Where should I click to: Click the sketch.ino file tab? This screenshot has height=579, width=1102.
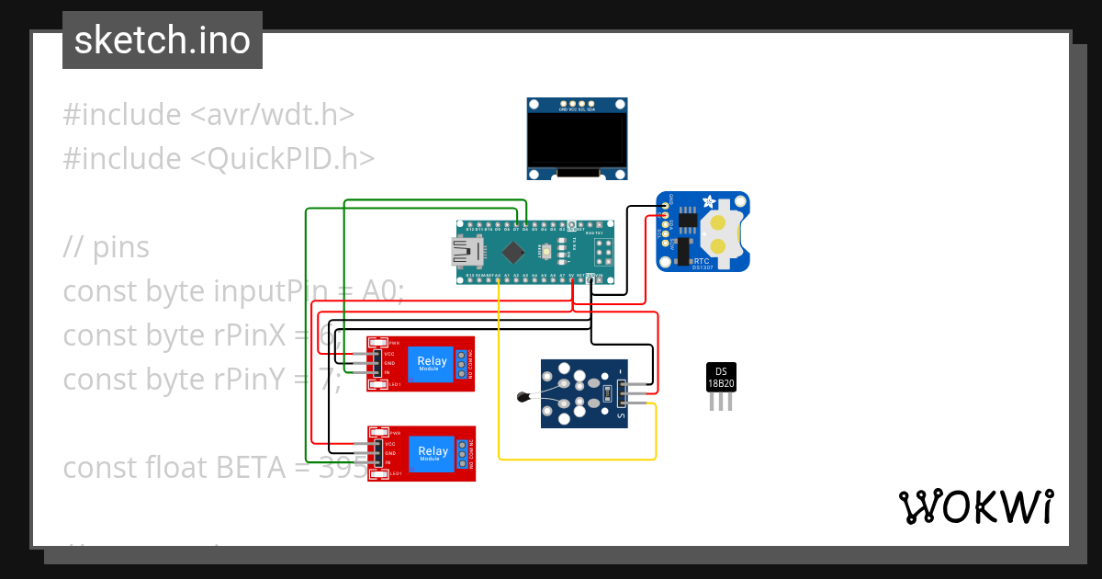pyautogui.click(x=163, y=40)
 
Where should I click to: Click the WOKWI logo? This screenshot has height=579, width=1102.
pyautogui.click(x=975, y=506)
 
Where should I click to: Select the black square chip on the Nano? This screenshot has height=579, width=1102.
pyautogui.click(x=514, y=251)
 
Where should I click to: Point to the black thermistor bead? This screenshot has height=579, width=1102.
pyautogui.click(x=523, y=398)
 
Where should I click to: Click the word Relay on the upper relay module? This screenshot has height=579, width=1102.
pyautogui.click(x=433, y=361)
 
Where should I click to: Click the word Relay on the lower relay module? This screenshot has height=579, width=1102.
pyautogui.click(x=433, y=450)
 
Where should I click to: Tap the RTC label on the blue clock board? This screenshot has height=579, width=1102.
pyautogui.click(x=703, y=261)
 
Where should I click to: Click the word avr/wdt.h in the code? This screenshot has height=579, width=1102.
pyautogui.click(x=272, y=115)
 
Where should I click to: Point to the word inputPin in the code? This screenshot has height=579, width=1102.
pyautogui.click(x=270, y=291)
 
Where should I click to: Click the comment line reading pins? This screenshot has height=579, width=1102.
pyautogui.click(x=107, y=247)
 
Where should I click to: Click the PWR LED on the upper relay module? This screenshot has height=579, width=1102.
pyautogui.click(x=377, y=343)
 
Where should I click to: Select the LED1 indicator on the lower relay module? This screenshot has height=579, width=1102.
pyautogui.click(x=377, y=474)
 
